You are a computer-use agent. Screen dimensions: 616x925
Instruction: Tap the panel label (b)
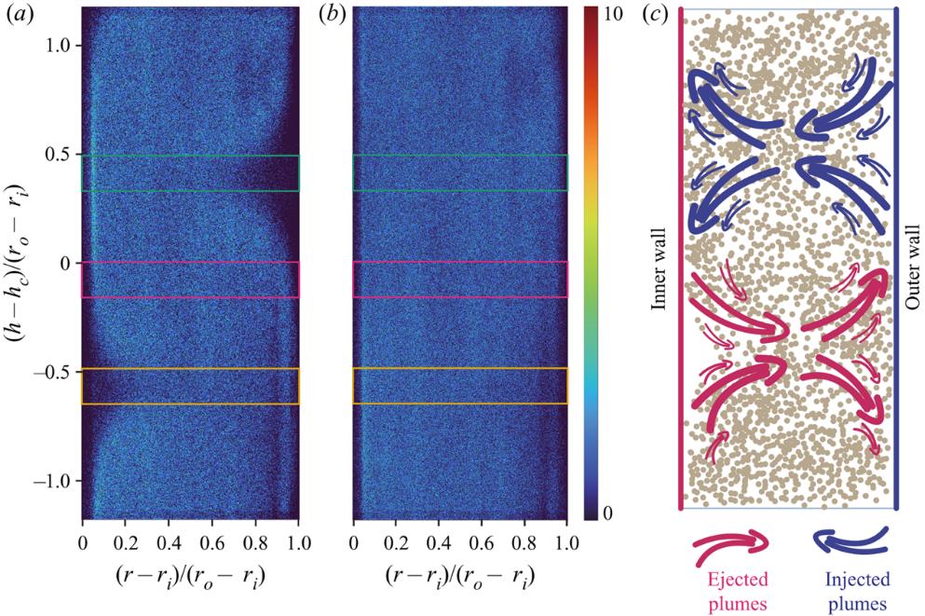click(x=335, y=14)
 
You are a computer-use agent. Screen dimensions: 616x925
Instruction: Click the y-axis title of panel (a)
click(x=20, y=262)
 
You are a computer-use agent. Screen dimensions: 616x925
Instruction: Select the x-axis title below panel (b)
click(x=461, y=574)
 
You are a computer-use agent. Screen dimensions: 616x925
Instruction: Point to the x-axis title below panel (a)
click(x=191, y=574)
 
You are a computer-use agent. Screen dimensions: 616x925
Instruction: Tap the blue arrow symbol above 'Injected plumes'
click(x=850, y=543)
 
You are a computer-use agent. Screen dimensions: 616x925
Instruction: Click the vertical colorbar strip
click(x=589, y=262)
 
